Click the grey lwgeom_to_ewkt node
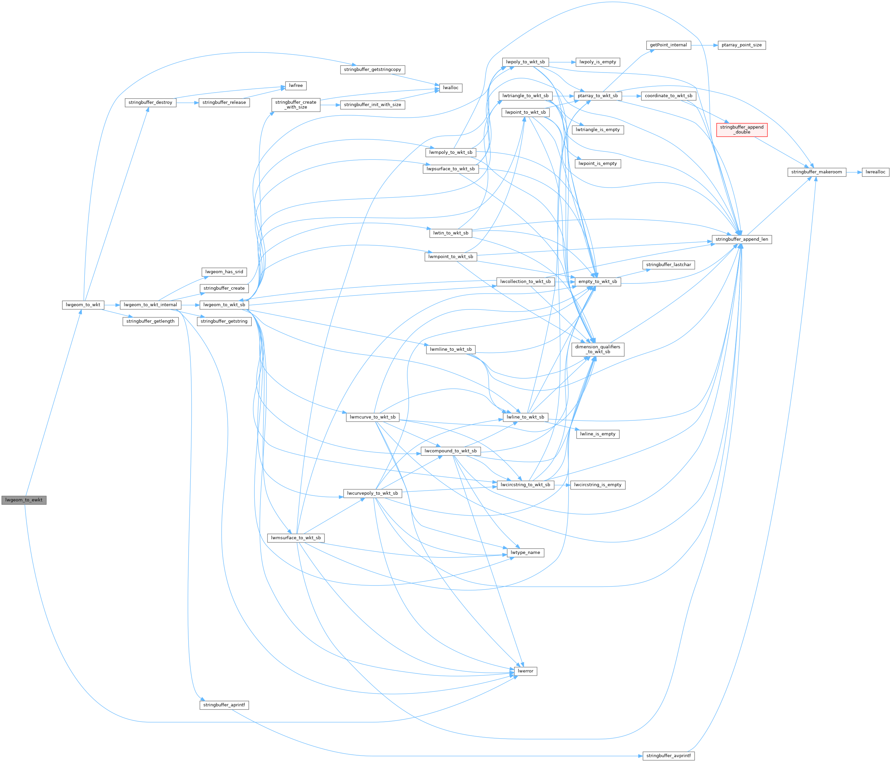pos(24,500)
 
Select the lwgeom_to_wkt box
pos(83,305)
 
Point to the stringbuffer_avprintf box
pos(668,756)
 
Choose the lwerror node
pos(525,671)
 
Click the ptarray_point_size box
pos(741,45)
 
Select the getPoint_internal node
pos(668,45)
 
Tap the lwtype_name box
pos(525,552)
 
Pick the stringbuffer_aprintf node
pos(224,705)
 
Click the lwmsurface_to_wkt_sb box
pos(296,538)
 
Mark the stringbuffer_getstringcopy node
pos(373,69)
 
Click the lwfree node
pos(296,86)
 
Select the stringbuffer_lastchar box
pos(668,265)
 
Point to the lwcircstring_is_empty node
pos(597,485)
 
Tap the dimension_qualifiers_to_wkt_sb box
pos(597,349)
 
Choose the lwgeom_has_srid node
pos(224,272)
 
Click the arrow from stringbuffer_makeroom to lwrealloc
pos(854,172)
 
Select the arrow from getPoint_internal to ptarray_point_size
pos(704,45)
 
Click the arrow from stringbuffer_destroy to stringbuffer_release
pos(187,103)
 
